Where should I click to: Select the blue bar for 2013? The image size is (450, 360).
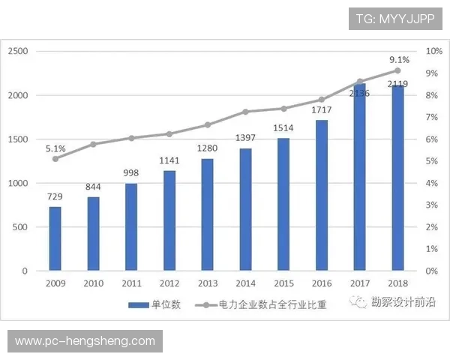click(x=207, y=214)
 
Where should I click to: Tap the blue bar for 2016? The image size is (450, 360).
click(x=321, y=195)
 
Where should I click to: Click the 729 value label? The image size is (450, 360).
click(x=55, y=196)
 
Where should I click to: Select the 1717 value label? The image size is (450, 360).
click(x=322, y=110)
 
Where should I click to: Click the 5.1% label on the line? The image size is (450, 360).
click(x=55, y=148)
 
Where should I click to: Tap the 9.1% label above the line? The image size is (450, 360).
click(x=399, y=59)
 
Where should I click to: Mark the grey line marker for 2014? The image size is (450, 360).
click(x=245, y=112)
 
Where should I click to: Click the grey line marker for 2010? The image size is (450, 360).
click(x=93, y=144)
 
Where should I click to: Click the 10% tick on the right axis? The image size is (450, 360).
click(x=434, y=51)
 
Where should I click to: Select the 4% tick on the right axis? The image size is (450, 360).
click(x=432, y=183)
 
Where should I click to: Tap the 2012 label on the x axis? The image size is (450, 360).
click(x=169, y=283)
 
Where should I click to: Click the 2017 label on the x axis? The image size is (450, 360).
click(x=360, y=283)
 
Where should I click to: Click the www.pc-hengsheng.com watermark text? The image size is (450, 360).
click(x=85, y=341)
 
